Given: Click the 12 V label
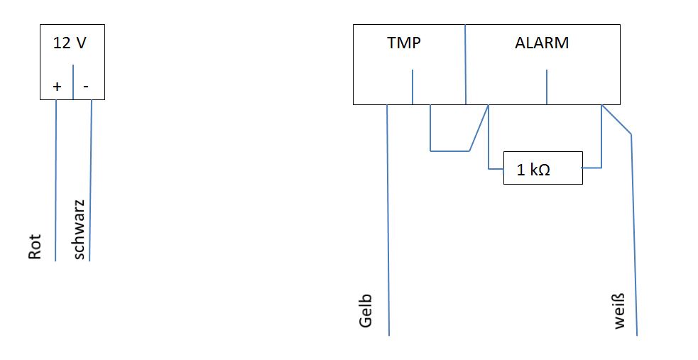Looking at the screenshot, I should (x=70, y=43).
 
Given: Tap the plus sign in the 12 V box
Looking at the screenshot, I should (x=58, y=87).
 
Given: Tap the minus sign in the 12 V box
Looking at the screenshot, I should (x=86, y=87).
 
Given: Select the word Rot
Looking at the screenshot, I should (x=36, y=246).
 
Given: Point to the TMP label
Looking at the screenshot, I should (x=404, y=43).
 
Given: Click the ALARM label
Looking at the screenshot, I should (x=542, y=43).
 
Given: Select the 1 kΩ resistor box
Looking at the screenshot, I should (x=542, y=168).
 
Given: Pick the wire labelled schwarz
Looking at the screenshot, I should (x=91, y=178).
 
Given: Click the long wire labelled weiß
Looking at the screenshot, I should (x=634, y=234).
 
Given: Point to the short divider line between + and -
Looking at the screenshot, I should (x=73, y=81).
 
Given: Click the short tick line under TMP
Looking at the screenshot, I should (x=413, y=87).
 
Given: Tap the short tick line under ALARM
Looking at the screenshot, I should (x=546, y=87).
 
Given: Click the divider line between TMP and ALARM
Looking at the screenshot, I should (x=464, y=64).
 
